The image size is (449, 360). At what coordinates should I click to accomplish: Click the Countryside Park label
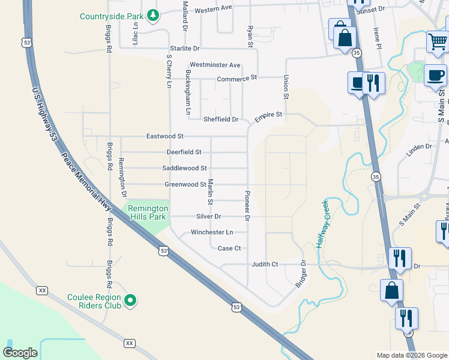[113, 16]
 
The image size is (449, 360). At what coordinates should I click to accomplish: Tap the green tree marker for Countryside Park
[154, 15]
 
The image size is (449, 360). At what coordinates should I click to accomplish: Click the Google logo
[20, 353]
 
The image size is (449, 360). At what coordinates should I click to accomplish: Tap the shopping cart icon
[438, 43]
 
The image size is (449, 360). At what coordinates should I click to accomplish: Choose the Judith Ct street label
[265, 264]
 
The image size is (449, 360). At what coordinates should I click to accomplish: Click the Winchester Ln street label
[211, 232]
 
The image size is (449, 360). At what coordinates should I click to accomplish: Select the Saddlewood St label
[184, 169]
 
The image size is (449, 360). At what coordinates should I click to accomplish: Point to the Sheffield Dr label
[220, 119]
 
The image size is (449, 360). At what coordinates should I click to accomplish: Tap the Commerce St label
[237, 79]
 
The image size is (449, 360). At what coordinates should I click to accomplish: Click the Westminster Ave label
[214, 65]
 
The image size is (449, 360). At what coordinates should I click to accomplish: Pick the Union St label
[286, 88]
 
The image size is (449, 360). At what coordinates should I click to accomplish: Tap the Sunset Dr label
[370, 10]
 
